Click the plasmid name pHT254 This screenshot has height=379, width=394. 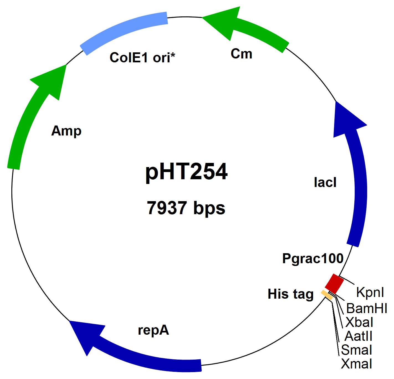(x=186, y=172)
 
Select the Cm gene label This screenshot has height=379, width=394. (x=241, y=54)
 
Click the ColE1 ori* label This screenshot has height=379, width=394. (x=142, y=58)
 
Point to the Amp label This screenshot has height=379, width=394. (x=66, y=131)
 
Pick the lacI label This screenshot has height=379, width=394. (x=325, y=182)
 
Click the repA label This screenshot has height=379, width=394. (x=153, y=330)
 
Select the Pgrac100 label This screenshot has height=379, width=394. (x=313, y=258)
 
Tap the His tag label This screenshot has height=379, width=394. (x=291, y=294)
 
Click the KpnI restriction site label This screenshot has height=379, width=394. (x=370, y=292)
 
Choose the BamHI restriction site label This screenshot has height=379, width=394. (x=367, y=308)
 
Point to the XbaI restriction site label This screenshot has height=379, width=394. (x=359, y=322)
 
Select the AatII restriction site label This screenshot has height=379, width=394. (x=359, y=336)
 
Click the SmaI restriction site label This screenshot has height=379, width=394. (x=357, y=350)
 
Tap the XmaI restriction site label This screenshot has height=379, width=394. (x=357, y=364)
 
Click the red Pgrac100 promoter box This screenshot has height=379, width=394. (x=334, y=284)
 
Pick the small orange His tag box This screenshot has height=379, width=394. (x=327, y=295)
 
